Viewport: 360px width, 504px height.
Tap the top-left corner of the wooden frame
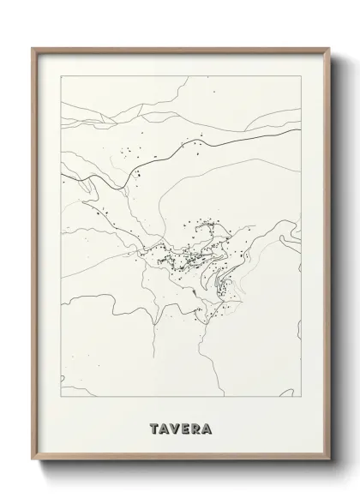pyautogui.click(x=33, y=47)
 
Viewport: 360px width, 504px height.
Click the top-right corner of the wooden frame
pyautogui.click(x=327, y=47)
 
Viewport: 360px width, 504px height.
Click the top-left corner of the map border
pyautogui.click(x=62, y=75)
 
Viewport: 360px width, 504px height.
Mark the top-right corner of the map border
pyautogui.click(x=299, y=75)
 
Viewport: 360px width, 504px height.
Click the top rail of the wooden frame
pyautogui.click(x=180, y=48)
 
